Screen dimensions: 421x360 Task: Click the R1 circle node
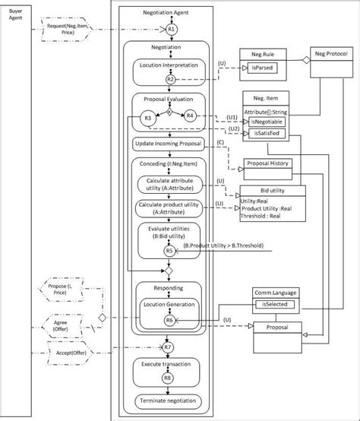pos(172,29)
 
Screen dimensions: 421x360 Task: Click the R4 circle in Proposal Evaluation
pos(190,116)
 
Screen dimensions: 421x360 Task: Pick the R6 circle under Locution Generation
pos(170,321)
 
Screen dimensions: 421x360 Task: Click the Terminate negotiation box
pos(168,401)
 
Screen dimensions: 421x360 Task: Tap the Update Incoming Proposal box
pos(168,144)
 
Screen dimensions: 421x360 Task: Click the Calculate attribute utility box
pos(169,183)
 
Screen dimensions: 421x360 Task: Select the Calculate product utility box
pos(169,208)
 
